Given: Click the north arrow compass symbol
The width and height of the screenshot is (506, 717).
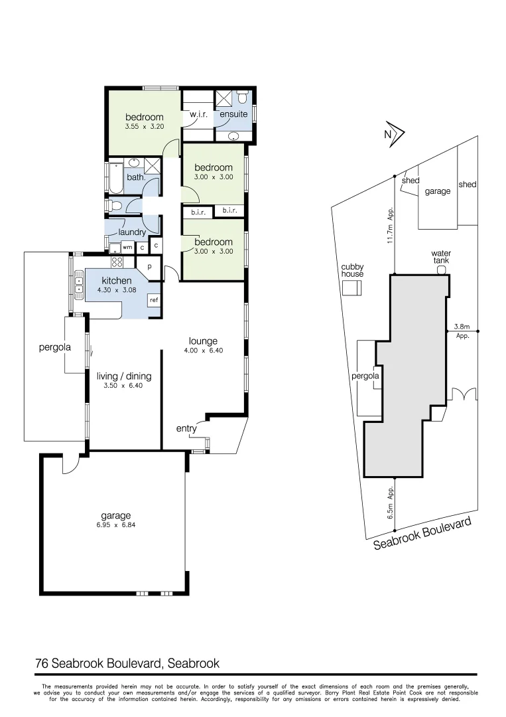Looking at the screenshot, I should coord(395,134).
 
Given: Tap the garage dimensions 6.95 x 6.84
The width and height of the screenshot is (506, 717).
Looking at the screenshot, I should coord(116,525).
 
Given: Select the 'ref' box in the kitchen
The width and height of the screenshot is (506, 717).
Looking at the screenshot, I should coord(154,300).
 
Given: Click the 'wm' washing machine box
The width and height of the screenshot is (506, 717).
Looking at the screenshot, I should coord(127,247).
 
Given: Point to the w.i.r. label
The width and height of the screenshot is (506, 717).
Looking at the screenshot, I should coord(199,115).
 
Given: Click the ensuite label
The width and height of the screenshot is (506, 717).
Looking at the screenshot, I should coord(233,114).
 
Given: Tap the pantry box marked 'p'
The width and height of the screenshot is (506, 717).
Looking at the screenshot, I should coord(149,267).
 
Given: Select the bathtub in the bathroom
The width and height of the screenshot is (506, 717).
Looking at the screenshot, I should coord(117,177).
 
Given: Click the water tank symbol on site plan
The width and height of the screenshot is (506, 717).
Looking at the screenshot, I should coord(441,270).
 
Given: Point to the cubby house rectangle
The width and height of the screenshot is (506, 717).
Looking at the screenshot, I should coord(352,287).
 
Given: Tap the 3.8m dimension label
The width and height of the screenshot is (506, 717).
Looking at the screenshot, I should coord(462,327).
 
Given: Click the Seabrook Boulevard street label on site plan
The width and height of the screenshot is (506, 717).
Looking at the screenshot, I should coord(422,534).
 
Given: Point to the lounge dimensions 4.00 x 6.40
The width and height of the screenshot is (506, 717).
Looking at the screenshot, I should coord(203,351).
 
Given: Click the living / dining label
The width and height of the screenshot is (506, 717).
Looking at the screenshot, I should coord(124,376).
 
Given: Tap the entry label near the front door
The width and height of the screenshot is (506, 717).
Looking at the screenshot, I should coord(186,429).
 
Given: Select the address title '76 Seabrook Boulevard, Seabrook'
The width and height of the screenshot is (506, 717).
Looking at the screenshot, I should coord(127,663).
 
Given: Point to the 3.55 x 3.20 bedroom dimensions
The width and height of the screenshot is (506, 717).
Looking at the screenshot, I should coord(144,126).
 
